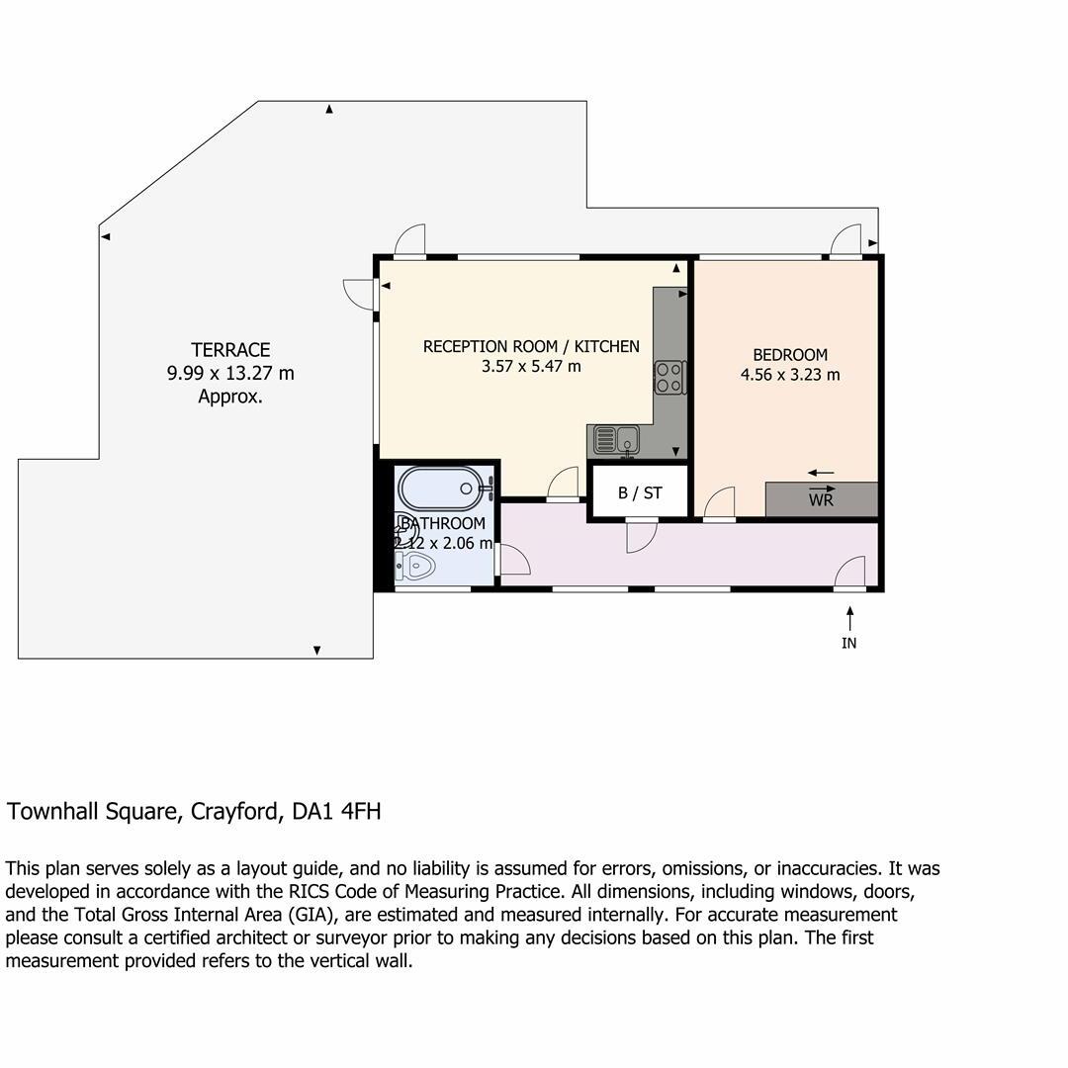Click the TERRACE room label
(230, 350)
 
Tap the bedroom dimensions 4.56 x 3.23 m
(790, 375)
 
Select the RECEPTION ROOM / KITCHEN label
(531, 346)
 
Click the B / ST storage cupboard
(639, 492)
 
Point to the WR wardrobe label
(821, 500)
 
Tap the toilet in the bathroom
(415, 567)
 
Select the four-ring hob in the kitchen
(669, 378)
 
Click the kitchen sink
(618, 435)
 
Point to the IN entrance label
(848, 643)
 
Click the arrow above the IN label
(848, 617)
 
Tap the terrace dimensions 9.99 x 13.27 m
(230, 374)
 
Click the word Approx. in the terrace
(230, 397)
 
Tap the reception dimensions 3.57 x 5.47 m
(531, 367)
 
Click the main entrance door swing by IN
(851, 572)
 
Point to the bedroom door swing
(720, 502)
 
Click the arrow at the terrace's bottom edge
(316, 650)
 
